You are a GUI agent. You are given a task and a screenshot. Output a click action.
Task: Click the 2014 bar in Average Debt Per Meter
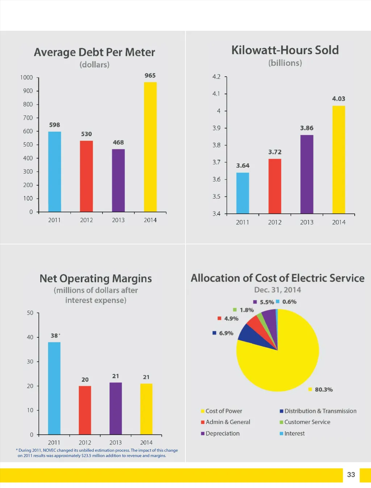pos(150,147)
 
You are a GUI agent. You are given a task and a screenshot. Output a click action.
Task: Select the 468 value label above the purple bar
pos(118,143)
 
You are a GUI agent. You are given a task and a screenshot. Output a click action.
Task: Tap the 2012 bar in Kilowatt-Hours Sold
pos(275,186)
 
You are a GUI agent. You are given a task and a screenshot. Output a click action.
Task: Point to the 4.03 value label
pos(338,99)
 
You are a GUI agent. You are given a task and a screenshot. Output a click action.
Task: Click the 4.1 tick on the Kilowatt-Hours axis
pos(216,94)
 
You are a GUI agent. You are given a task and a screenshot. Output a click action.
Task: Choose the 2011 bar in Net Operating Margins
pos(54,388)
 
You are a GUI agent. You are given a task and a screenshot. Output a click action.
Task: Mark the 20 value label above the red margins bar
pos(85,379)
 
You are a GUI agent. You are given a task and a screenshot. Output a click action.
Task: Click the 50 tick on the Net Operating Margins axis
pos(30,313)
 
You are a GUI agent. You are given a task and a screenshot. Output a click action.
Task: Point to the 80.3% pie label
pos(323,390)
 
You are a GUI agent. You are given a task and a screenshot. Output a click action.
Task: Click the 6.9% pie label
pos(226,333)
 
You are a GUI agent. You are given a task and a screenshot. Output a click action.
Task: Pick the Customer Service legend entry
pos(307,422)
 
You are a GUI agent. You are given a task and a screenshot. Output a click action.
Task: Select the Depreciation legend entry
pos(222,433)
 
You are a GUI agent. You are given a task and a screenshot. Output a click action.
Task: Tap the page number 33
pos(351,475)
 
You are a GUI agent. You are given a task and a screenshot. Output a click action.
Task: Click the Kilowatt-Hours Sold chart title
pos(285,50)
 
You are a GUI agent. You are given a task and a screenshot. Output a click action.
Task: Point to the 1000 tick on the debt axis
pos(26,77)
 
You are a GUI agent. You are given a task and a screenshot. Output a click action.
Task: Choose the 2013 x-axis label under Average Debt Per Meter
pos(118,220)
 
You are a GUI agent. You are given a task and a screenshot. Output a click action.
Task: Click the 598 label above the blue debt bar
pos(54,125)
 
